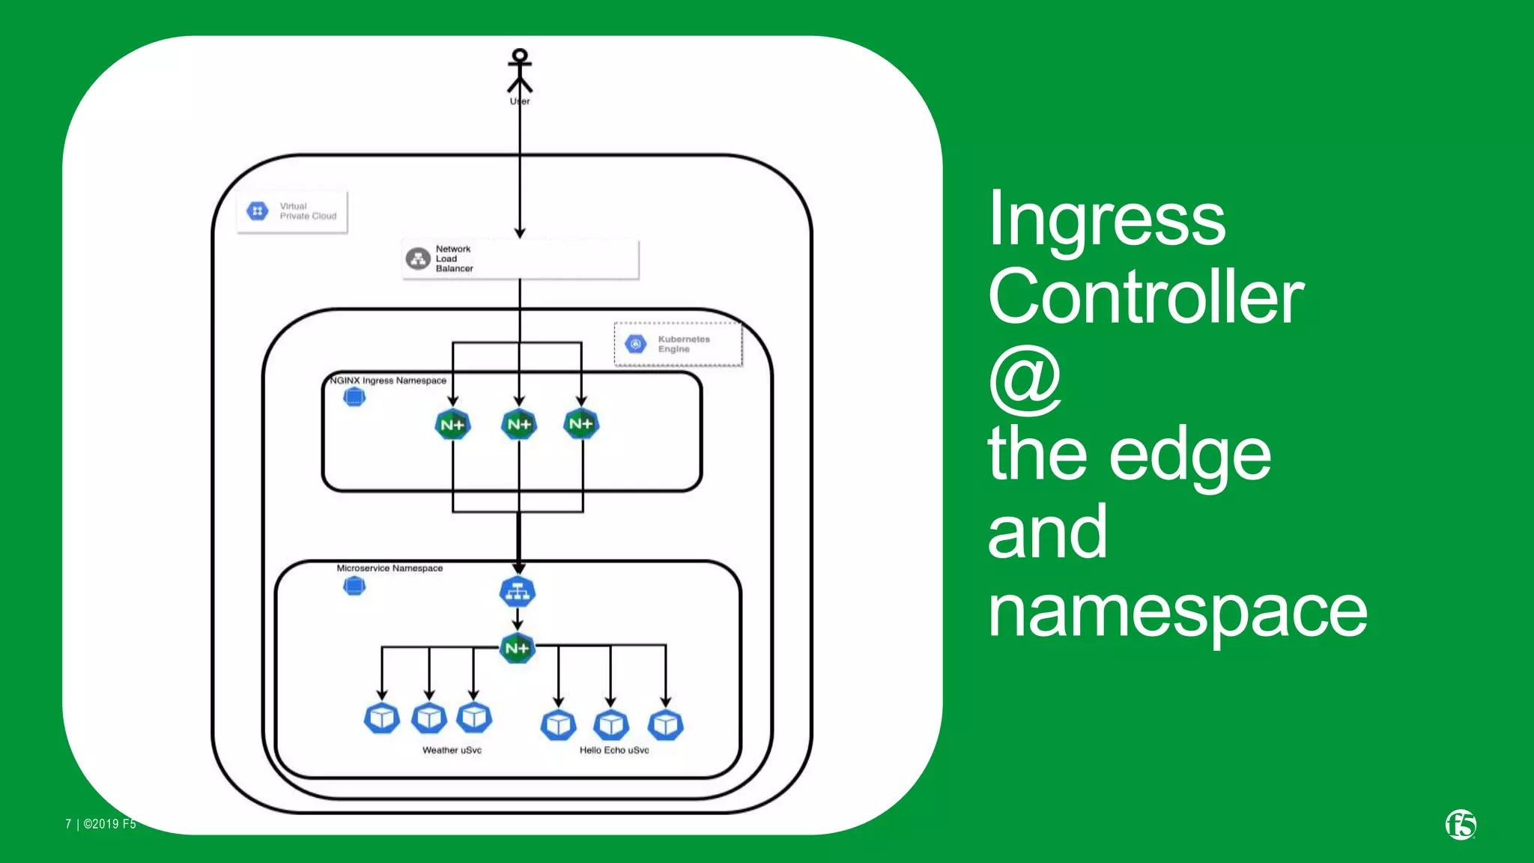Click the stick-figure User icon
click(x=520, y=70)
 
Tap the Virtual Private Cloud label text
click(x=308, y=211)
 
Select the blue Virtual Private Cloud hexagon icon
click(x=258, y=211)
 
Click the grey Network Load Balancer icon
click(x=418, y=258)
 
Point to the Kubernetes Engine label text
click(x=683, y=344)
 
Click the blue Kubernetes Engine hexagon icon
click(x=636, y=344)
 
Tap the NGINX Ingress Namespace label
click(x=389, y=381)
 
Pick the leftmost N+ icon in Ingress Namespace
click(x=452, y=425)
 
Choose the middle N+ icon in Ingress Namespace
click(x=519, y=425)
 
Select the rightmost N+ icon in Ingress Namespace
click(x=581, y=424)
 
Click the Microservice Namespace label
click(x=389, y=568)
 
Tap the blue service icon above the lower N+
click(x=518, y=592)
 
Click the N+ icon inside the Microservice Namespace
click(x=518, y=648)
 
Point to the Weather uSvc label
click(x=452, y=750)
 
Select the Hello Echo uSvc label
click(x=614, y=750)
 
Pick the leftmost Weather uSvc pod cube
click(x=382, y=718)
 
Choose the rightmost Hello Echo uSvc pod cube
click(x=666, y=724)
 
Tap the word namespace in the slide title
click(x=1177, y=611)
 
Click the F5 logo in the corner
click(x=1461, y=825)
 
